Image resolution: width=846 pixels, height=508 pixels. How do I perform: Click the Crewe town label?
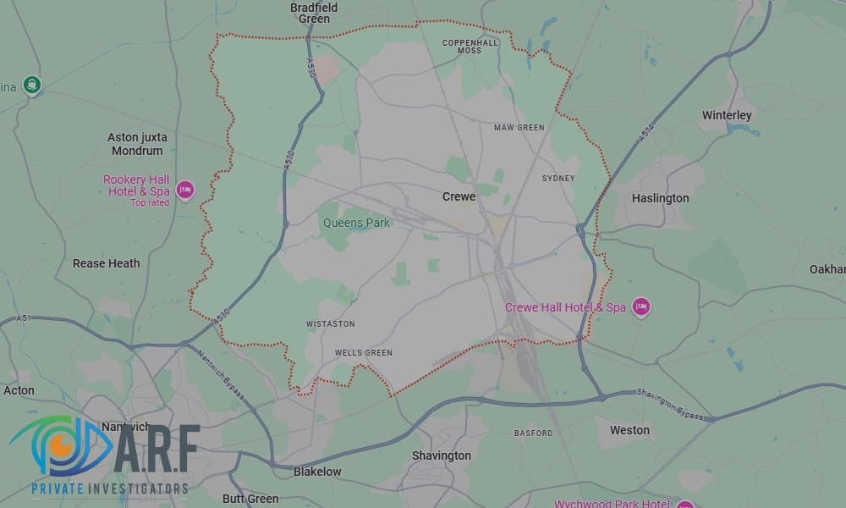coord(459,196)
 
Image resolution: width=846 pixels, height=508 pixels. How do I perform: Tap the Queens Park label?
coord(356,223)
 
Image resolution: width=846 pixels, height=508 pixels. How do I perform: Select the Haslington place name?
coord(660,198)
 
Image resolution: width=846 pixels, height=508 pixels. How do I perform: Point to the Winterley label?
coord(727,115)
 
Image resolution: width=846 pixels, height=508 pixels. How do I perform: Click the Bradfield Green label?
coord(314,13)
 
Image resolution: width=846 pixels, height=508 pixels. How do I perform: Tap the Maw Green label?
coord(519,128)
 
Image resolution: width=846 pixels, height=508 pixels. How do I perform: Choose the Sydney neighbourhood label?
coord(558,179)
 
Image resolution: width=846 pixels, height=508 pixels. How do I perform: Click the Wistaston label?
coord(331,324)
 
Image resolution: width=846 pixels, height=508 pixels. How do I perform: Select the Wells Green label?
coord(364,353)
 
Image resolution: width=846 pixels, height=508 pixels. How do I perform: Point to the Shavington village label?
coord(441,456)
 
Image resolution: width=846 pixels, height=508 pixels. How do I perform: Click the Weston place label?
coord(629,430)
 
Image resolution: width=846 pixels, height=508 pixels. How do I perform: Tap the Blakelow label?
coord(317,472)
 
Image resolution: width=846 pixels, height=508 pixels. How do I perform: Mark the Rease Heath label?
coord(107,263)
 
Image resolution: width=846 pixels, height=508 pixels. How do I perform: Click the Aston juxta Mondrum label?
coord(137,144)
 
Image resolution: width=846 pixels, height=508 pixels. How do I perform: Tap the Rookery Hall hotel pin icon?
coord(185,190)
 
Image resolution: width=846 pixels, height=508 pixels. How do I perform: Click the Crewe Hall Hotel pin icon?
coord(640,306)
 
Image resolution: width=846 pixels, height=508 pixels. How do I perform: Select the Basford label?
coord(533,433)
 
